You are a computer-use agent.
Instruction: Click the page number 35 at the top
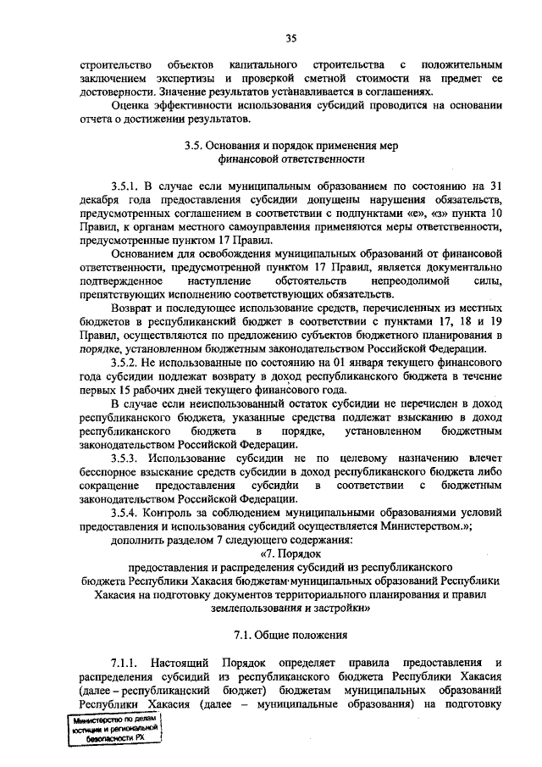[291, 36]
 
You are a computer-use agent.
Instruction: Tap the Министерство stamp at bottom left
[115, 727]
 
